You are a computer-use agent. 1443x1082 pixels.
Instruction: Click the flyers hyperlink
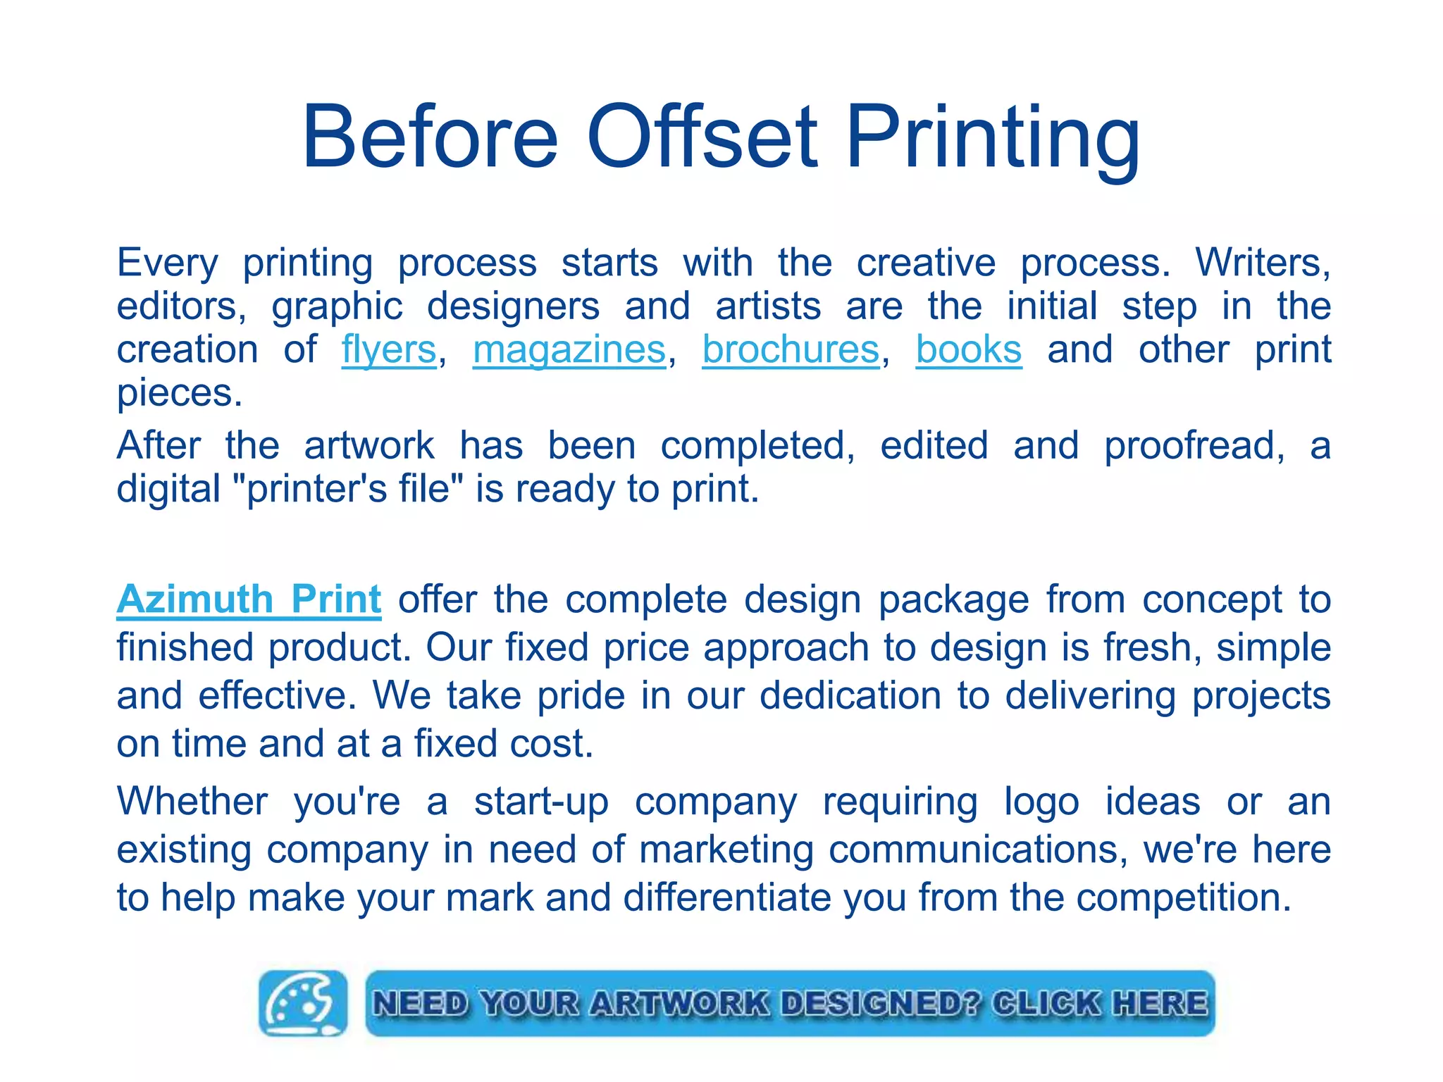[x=389, y=350]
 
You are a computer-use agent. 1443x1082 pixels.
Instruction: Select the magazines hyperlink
[x=569, y=350]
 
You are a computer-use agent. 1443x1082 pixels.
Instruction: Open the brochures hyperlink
[x=791, y=350]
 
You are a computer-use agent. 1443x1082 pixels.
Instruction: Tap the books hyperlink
[x=969, y=350]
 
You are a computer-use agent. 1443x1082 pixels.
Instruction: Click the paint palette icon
[x=303, y=1002]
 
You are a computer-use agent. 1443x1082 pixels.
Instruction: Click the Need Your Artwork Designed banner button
[x=790, y=1003]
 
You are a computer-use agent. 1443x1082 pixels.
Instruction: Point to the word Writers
[x=1262, y=263]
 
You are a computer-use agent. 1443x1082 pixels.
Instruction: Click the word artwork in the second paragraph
[x=369, y=446]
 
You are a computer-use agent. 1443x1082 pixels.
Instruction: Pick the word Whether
[x=192, y=802]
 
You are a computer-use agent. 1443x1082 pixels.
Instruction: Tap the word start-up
[x=541, y=803]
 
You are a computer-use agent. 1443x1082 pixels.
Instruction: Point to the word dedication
[x=850, y=695]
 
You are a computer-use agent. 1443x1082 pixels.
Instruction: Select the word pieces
[x=179, y=394]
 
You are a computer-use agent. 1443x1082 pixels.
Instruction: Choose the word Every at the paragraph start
[x=168, y=263]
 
